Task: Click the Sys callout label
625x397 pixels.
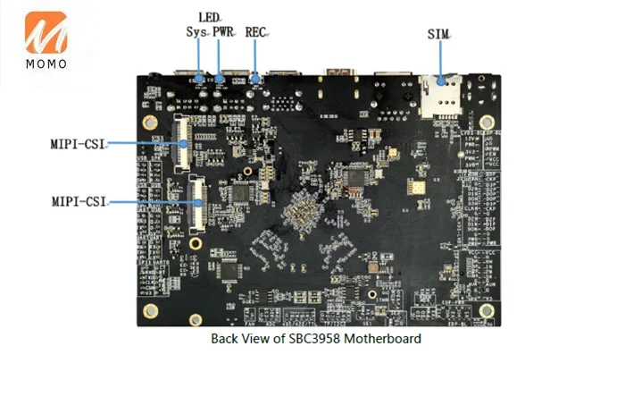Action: [196, 31]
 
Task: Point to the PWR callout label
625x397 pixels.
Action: [222, 31]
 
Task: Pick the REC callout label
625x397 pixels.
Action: [256, 31]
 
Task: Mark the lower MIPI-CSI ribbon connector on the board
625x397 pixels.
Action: [196, 202]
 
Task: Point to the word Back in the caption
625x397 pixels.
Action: [224, 339]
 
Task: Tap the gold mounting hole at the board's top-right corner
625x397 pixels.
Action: [486, 122]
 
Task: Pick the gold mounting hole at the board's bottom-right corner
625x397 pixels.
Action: [486, 310]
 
